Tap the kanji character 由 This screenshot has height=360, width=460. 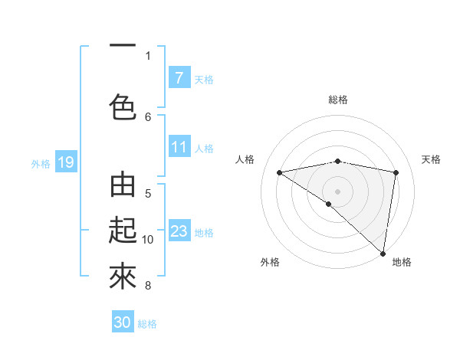coord(123,186)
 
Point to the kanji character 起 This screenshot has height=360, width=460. coord(123,231)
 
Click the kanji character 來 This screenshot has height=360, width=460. coord(123,277)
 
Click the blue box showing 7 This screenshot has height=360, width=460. coord(179,78)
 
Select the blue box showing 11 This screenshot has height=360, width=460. coord(179,147)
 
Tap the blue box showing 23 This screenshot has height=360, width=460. coord(179,231)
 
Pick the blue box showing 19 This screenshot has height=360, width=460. coord(65,162)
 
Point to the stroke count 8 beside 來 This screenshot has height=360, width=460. coord(148,286)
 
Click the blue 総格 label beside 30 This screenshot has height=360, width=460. coord(147,323)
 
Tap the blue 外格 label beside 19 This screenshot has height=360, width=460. coord(41,163)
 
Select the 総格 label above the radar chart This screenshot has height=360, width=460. coord(338,100)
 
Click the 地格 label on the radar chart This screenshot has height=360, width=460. coord(402,262)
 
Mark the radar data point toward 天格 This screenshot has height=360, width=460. coord(396,172)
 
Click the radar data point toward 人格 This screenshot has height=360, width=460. coord(279,172)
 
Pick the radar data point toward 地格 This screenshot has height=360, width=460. coord(382,252)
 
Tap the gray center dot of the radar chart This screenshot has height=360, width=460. coord(337,191)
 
